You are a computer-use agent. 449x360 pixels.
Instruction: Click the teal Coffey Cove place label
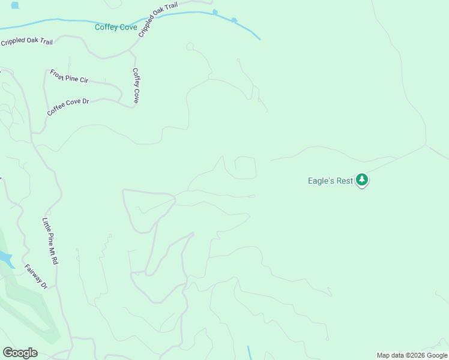(116, 27)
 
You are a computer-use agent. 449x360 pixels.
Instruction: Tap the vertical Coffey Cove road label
(136, 85)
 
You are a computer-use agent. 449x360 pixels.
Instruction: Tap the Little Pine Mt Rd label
(50, 241)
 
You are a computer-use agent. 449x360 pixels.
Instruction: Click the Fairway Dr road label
(35, 275)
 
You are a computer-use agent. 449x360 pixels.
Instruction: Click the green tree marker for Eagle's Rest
(361, 179)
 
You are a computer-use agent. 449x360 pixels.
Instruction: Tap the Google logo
(20, 353)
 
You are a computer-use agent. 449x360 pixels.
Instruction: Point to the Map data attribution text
(412, 355)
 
